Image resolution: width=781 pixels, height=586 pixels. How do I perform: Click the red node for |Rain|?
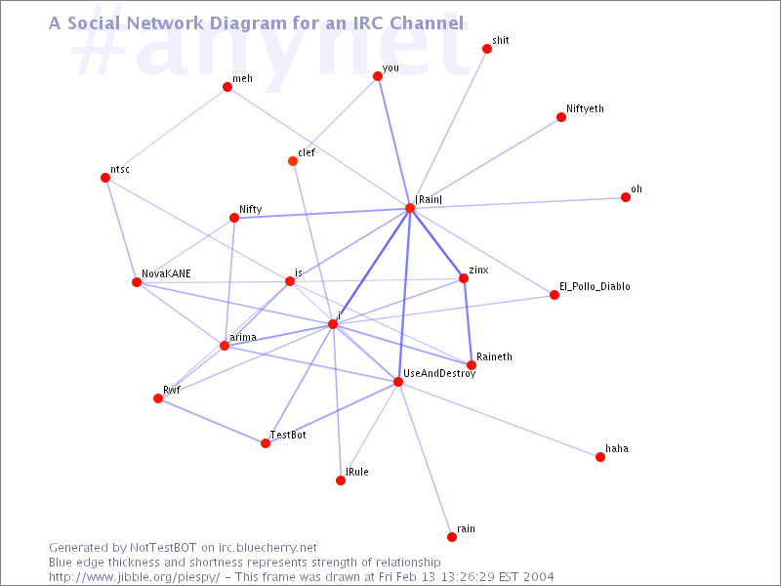[x=410, y=208]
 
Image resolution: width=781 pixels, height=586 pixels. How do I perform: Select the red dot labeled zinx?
[x=463, y=278]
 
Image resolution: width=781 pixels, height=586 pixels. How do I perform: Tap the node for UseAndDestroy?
[x=398, y=382]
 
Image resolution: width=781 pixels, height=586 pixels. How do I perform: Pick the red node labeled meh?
[x=227, y=87]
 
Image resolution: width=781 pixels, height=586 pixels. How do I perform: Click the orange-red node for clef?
[x=293, y=161]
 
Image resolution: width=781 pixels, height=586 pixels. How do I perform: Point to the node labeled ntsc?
[x=105, y=178]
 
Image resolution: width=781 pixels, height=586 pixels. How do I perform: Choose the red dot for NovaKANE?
[x=137, y=282]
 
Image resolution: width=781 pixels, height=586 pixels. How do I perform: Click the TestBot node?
[x=266, y=443]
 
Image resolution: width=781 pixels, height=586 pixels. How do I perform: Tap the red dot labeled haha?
[x=600, y=457]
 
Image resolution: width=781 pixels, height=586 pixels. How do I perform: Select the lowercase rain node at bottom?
[x=452, y=537]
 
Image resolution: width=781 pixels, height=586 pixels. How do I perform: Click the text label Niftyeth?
[x=585, y=108]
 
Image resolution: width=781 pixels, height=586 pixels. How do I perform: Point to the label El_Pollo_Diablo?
[x=595, y=286]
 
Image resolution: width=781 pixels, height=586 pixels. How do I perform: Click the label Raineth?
[x=494, y=356]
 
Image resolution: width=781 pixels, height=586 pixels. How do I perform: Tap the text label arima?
[x=243, y=337]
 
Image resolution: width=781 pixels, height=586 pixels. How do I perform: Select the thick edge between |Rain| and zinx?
[x=436, y=243]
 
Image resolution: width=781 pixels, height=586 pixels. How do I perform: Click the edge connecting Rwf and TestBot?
[x=212, y=421]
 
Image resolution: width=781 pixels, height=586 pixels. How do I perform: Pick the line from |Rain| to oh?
[x=517, y=203]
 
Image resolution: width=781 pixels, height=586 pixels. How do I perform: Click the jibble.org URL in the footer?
[x=134, y=577]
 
